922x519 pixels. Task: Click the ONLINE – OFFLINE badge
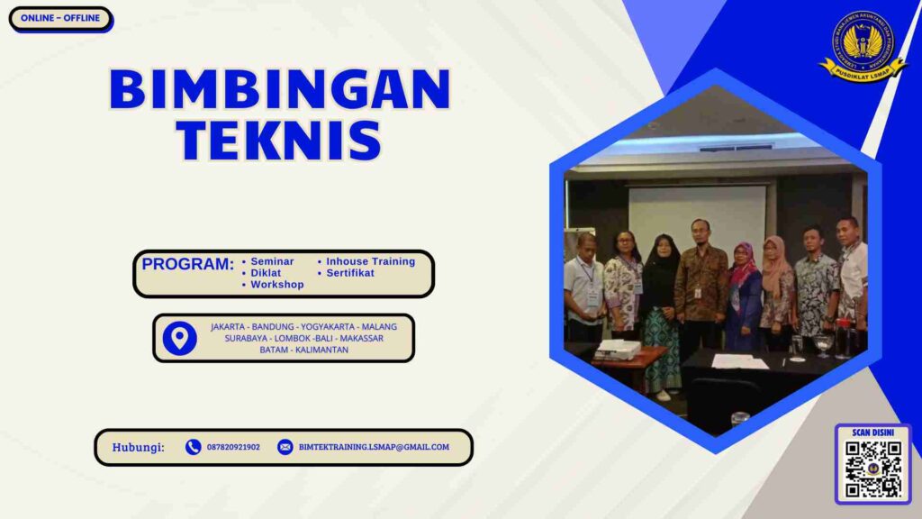(x=60, y=18)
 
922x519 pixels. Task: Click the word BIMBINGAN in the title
(x=279, y=89)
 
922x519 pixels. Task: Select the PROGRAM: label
(x=187, y=265)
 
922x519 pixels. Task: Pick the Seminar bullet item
(x=272, y=261)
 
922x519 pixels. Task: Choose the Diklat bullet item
(x=266, y=273)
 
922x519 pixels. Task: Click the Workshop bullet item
(x=276, y=285)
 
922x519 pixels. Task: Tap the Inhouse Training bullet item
(x=370, y=261)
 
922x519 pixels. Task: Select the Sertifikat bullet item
(x=350, y=273)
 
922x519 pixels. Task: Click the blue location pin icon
(x=180, y=338)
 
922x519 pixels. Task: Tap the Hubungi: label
(x=139, y=447)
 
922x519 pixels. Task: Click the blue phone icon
(x=193, y=447)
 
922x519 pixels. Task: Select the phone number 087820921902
(x=233, y=447)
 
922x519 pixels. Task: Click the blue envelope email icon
(x=285, y=447)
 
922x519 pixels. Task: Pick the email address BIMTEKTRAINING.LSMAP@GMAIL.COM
(x=374, y=447)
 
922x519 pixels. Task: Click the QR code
(x=872, y=469)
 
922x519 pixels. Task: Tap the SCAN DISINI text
(x=872, y=432)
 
